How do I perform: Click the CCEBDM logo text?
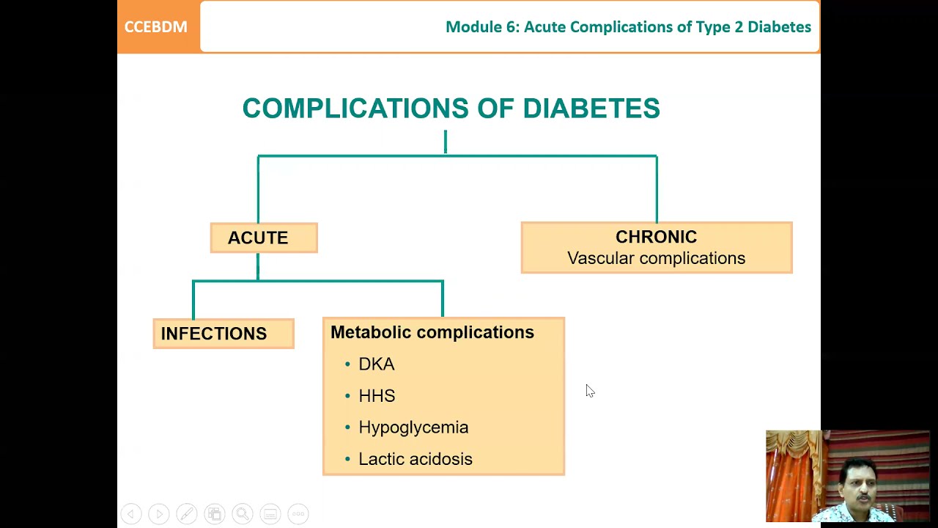[155, 27]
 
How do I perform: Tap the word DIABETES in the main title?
[591, 109]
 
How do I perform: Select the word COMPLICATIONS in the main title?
[355, 109]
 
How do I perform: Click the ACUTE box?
[263, 238]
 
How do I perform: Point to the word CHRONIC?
[656, 237]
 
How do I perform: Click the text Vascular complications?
[656, 258]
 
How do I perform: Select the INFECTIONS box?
[223, 334]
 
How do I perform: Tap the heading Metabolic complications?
[432, 332]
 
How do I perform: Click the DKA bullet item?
[376, 364]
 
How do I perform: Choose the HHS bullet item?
[377, 396]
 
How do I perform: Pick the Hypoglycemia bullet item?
[413, 428]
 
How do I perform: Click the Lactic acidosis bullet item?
[415, 459]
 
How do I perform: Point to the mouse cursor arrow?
[589, 390]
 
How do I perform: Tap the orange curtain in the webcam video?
[791, 477]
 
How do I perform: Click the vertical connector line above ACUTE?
[258, 189]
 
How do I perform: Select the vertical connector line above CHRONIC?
[657, 189]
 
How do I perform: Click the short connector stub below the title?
[445, 142]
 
